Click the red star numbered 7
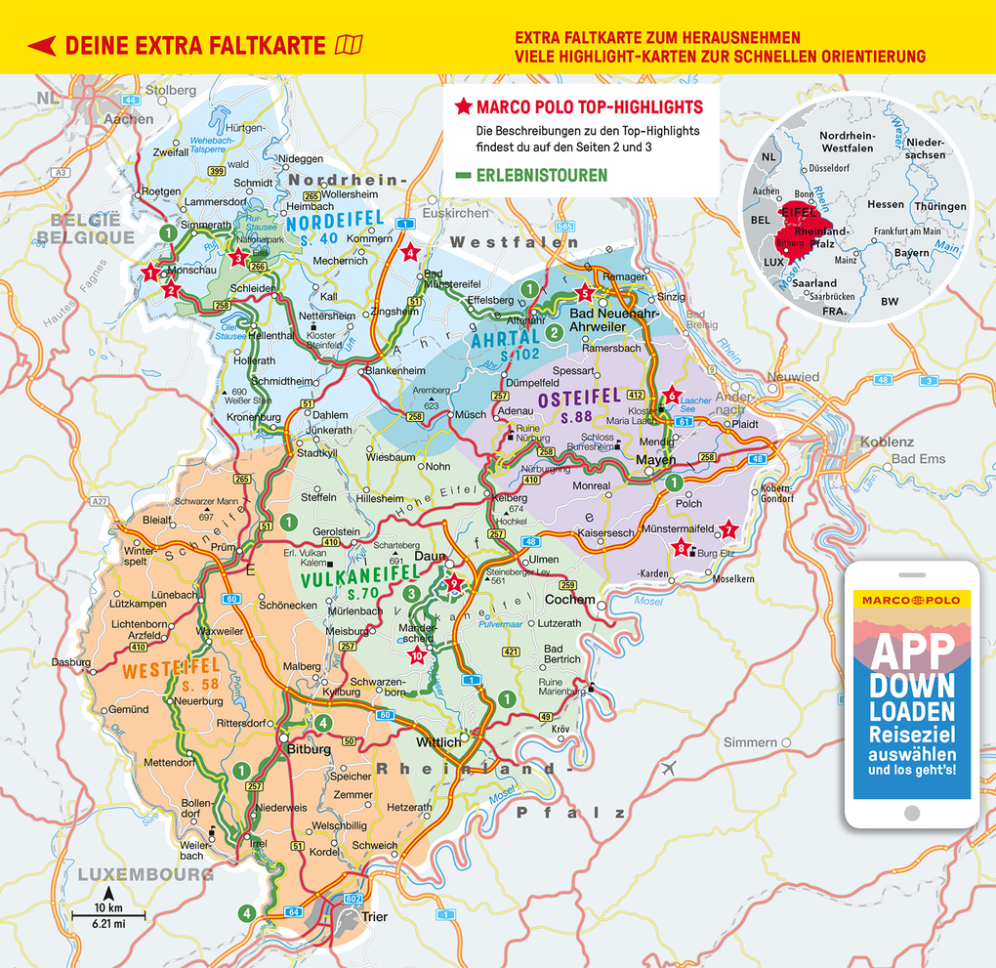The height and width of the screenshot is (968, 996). [728, 530]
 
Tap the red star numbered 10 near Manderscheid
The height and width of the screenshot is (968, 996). [418, 654]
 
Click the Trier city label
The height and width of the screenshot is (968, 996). [374, 917]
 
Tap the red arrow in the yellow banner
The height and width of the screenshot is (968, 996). [41, 45]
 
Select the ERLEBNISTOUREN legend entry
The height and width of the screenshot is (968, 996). [542, 176]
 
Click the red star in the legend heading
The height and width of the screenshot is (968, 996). [463, 105]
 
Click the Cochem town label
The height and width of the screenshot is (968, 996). [569, 599]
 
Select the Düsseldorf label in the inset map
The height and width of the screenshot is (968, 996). [831, 168]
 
